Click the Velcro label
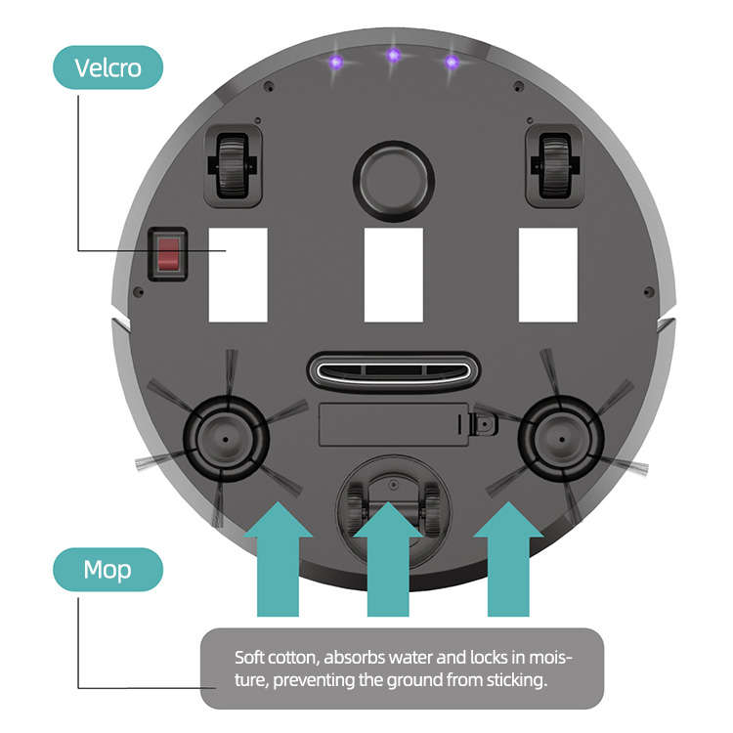(x=108, y=68)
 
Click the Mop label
(x=108, y=569)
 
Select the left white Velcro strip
(x=237, y=275)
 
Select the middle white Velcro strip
(x=393, y=275)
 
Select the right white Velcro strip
(x=547, y=275)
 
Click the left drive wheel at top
(x=233, y=165)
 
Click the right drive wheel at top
(x=553, y=165)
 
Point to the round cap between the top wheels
(x=393, y=182)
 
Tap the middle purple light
(x=393, y=56)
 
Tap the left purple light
(x=335, y=63)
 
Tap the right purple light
(x=451, y=63)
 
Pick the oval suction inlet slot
(x=393, y=370)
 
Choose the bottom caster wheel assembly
(x=392, y=499)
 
